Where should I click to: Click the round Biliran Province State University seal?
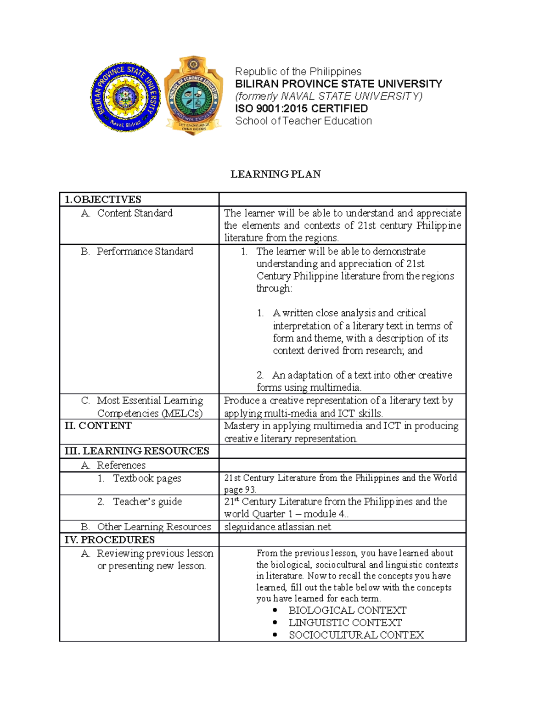point(125,97)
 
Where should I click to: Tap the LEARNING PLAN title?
point(275,174)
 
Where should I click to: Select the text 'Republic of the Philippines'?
point(298,72)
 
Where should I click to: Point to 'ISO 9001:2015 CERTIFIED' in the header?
point(301,108)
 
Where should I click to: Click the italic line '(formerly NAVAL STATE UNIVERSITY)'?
point(328,96)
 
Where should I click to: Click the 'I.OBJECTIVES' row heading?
point(103,199)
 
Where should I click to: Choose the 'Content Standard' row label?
point(135,213)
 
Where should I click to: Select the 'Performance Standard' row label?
point(145,251)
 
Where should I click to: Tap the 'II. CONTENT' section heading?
point(98,426)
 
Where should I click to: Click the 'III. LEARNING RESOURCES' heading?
point(137,451)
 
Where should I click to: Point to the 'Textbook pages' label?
point(147,478)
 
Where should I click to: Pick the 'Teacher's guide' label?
point(147,501)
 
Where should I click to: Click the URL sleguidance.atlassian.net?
point(277,527)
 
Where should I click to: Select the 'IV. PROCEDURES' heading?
point(110,539)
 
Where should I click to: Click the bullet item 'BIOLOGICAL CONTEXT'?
point(347,610)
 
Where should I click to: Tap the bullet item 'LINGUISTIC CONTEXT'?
point(345,623)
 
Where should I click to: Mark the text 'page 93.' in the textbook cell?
point(240,489)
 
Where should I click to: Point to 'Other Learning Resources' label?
point(154,527)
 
